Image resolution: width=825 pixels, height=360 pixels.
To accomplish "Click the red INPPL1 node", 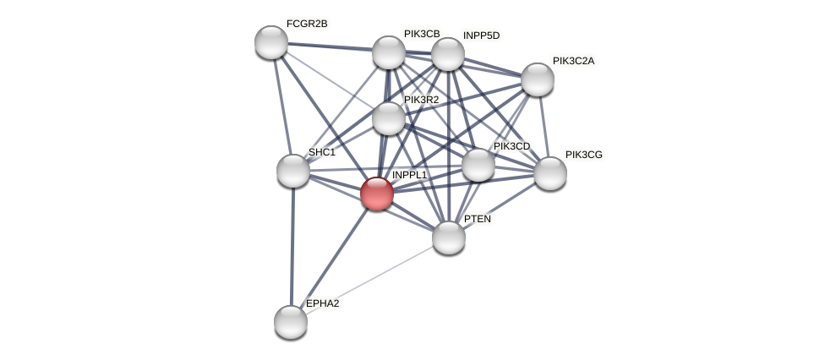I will click(377, 194).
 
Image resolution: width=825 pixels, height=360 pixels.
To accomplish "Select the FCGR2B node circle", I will click(271, 42).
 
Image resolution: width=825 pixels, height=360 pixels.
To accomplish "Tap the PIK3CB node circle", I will click(389, 52).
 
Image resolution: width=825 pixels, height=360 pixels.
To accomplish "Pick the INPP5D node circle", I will click(448, 54).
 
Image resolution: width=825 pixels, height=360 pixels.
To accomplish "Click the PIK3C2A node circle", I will click(538, 79).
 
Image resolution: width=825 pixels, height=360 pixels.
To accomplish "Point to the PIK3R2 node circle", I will click(389, 118).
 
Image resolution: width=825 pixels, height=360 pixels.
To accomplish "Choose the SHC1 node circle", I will click(293, 171).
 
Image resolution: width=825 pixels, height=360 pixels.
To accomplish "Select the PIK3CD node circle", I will click(478, 165).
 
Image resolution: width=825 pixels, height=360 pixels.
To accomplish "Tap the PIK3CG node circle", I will click(550, 173).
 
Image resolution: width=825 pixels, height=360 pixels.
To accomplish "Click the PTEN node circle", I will click(449, 237).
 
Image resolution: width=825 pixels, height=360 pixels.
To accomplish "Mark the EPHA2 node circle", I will click(291, 322).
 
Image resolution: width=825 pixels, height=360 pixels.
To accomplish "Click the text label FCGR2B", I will click(306, 24).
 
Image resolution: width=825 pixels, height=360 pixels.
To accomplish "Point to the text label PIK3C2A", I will click(573, 61).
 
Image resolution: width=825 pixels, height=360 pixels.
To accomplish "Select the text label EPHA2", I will click(322, 303).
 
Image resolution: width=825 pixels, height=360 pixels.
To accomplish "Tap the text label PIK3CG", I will click(583, 155).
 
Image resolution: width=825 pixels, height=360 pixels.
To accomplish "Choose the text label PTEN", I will click(477, 219).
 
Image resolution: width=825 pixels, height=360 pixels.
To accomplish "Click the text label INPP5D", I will click(481, 35).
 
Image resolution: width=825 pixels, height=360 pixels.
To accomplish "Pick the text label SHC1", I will click(321, 152).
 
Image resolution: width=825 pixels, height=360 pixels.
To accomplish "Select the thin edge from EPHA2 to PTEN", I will click(369, 280).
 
